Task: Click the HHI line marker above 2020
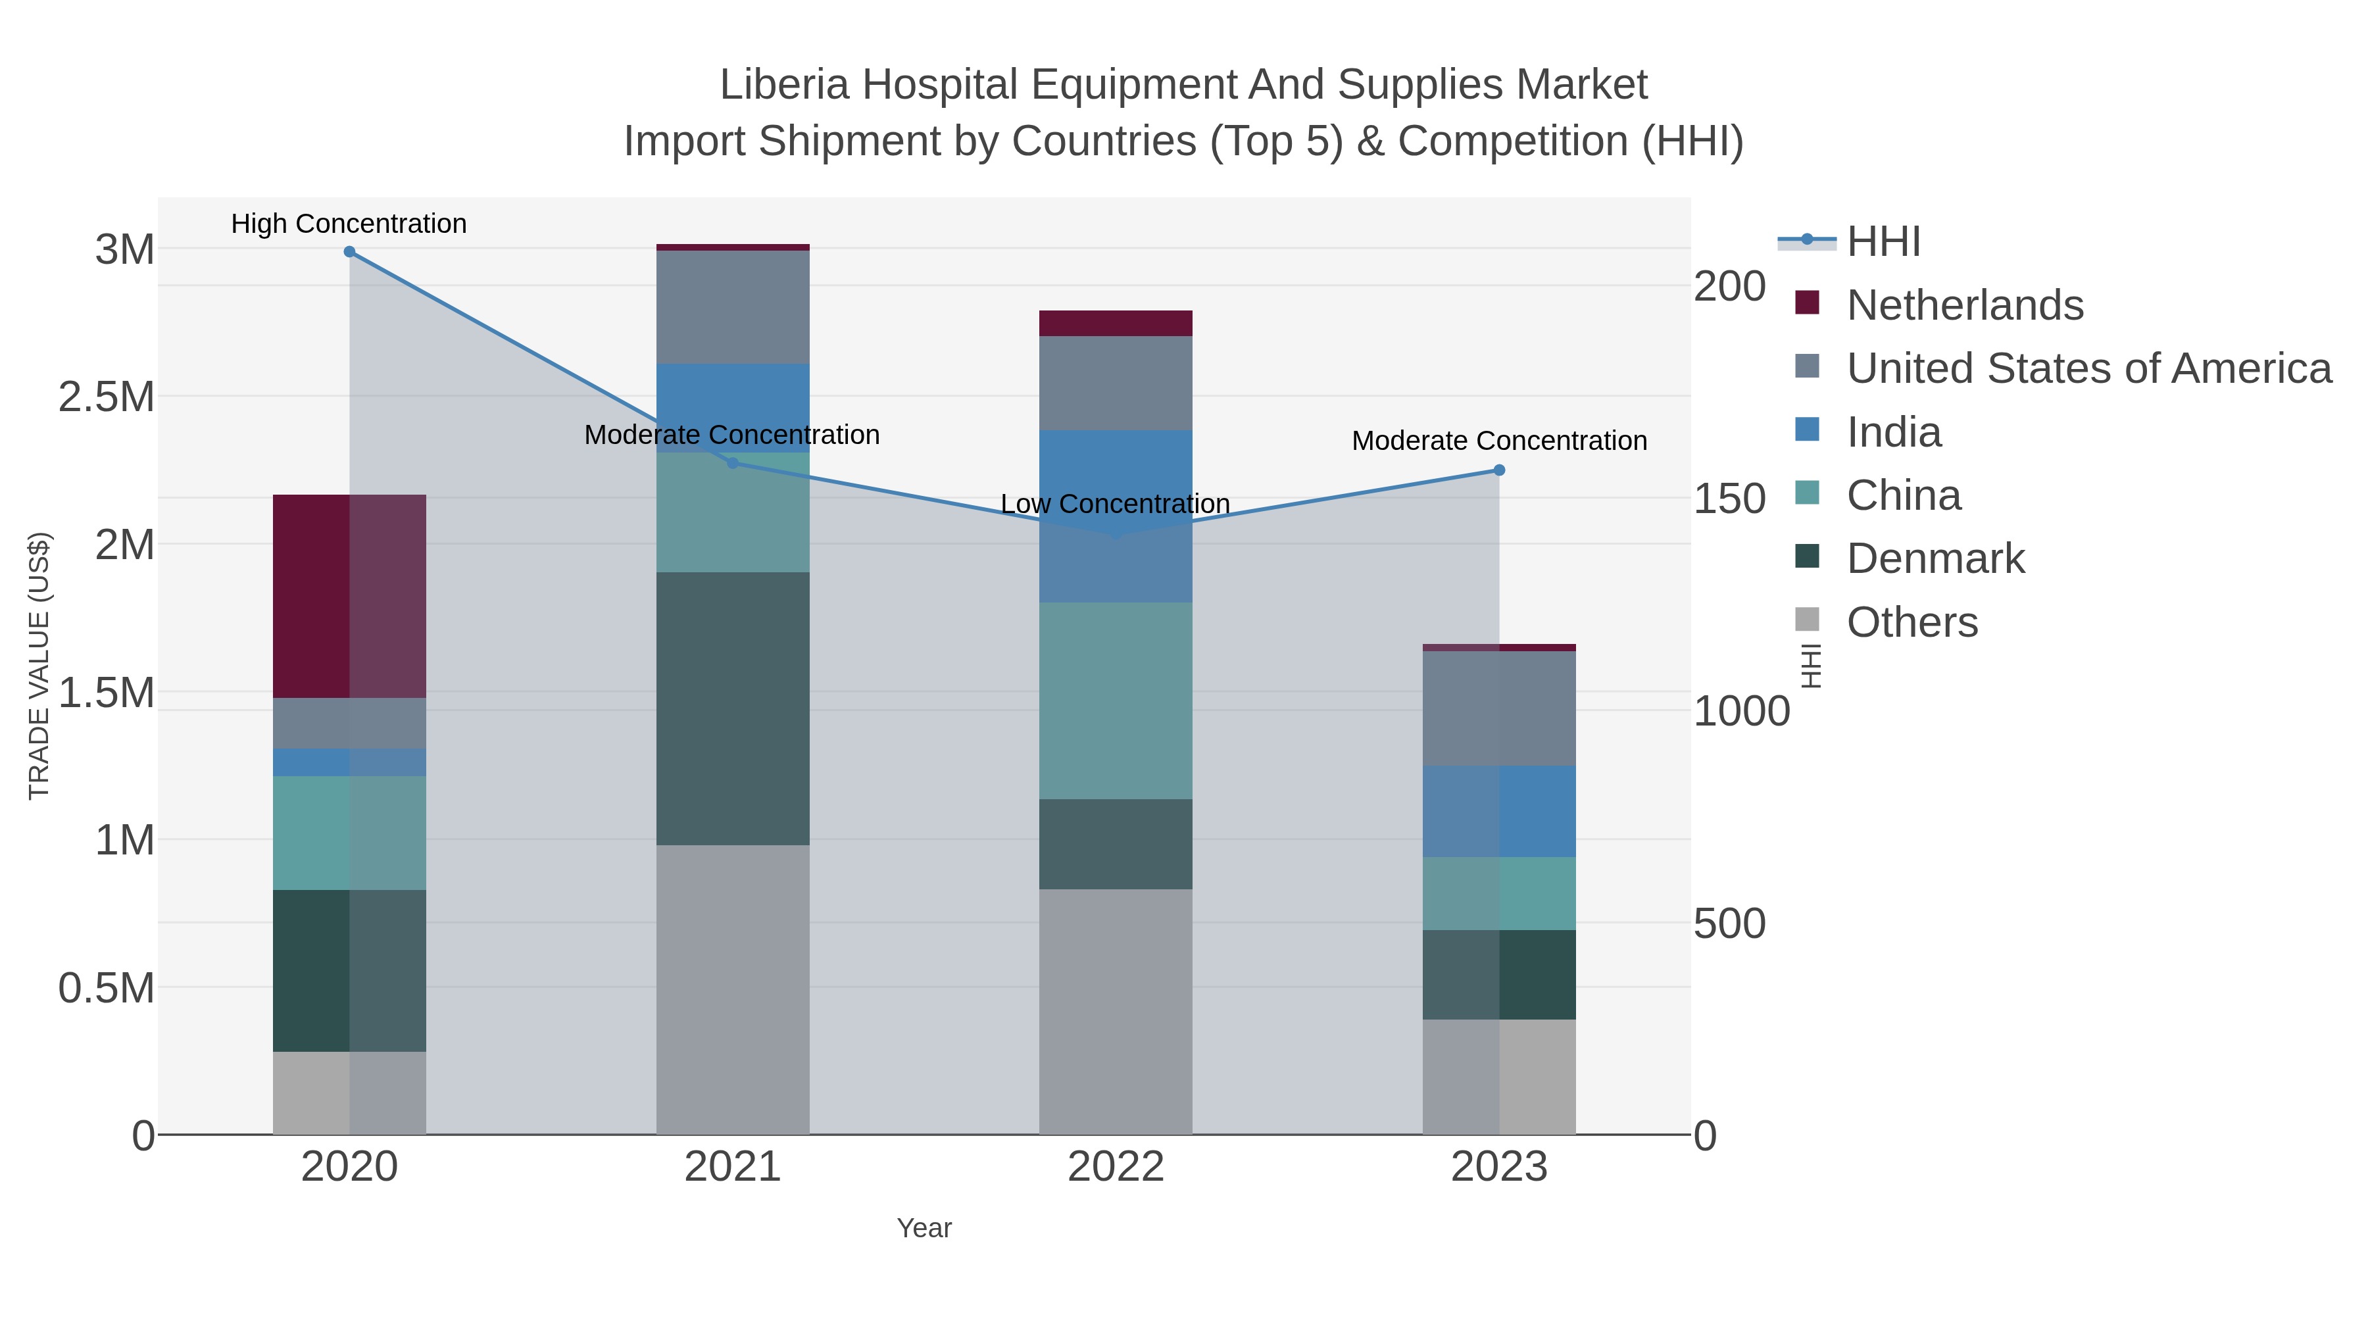coord(349,252)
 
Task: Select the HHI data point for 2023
coord(1499,471)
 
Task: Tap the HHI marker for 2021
coord(733,463)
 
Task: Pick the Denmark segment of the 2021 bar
coord(733,708)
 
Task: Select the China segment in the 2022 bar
coord(1116,701)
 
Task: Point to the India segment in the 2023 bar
coord(1499,812)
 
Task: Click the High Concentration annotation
coord(349,224)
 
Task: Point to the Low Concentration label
coord(1115,505)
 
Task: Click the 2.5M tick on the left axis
coord(107,397)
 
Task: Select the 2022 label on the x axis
coord(1116,1168)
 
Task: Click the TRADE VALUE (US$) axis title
coord(39,666)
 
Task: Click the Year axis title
coord(924,1228)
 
